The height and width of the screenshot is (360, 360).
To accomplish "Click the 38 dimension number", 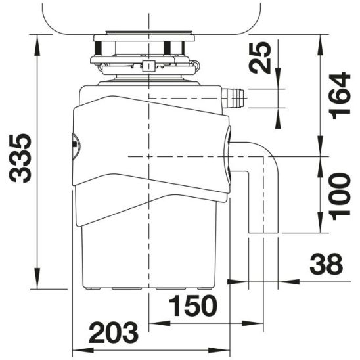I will point(326,264).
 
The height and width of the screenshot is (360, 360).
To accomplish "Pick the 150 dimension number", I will point(192,306).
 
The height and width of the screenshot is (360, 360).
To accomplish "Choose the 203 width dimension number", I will point(113,332).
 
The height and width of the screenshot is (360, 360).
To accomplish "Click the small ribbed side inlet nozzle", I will point(233,98).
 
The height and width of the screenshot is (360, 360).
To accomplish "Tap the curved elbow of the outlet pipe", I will point(266,157).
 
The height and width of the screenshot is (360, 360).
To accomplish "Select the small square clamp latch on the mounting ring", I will point(150,65).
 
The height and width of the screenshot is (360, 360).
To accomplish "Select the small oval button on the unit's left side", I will point(74,142).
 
